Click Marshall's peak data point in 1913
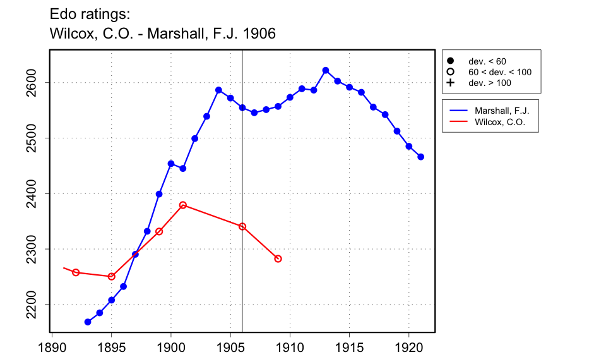326,70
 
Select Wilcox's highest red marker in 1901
183,205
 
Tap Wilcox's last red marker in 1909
278,258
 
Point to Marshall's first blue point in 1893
88,322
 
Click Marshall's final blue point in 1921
421,157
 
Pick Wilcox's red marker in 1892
76,272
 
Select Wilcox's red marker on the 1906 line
242,226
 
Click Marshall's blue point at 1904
218,90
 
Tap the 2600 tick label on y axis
34,83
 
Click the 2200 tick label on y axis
34,305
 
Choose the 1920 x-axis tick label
408,347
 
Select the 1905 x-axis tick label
230,347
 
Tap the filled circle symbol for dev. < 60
451,61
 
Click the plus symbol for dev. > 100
451,83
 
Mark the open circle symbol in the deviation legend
451,72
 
